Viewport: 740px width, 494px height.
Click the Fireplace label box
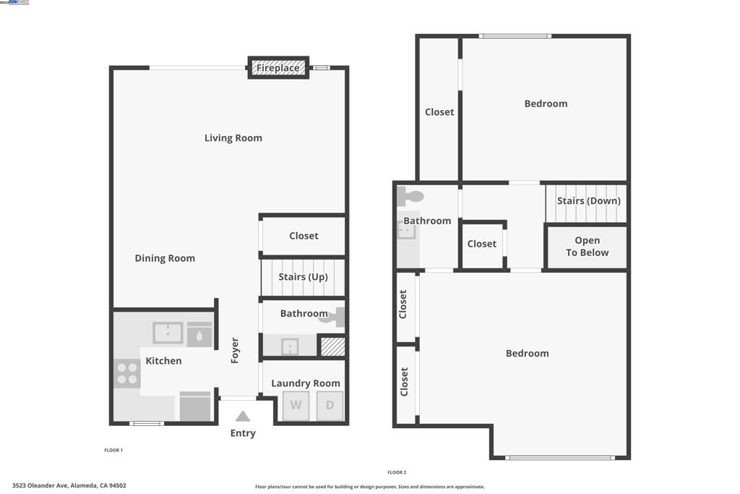pyautogui.click(x=278, y=68)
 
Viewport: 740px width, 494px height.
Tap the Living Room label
pyautogui.click(x=233, y=138)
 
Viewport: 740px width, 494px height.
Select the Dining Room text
pyautogui.click(x=165, y=258)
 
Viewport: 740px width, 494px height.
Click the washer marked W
pyautogui.click(x=296, y=406)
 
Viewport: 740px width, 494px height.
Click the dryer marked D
pyautogui.click(x=330, y=406)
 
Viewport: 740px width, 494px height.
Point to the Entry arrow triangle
pyautogui.click(x=243, y=417)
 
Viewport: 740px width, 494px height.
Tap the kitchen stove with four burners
pyautogui.click(x=127, y=373)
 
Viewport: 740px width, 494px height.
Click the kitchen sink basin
pyautogui.click(x=168, y=333)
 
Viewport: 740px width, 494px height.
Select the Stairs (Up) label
pyautogui.click(x=303, y=277)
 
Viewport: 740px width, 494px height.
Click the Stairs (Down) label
pyautogui.click(x=588, y=201)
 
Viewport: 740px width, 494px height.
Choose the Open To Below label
pyautogui.click(x=587, y=247)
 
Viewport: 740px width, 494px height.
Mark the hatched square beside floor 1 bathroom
pyautogui.click(x=332, y=346)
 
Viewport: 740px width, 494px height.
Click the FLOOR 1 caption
pyautogui.click(x=113, y=451)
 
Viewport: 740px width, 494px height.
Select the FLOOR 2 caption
pyautogui.click(x=397, y=472)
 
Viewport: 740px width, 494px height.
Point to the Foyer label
pyautogui.click(x=235, y=350)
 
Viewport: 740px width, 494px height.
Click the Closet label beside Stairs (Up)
pyautogui.click(x=304, y=236)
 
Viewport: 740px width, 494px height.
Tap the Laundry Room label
pyautogui.click(x=305, y=383)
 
